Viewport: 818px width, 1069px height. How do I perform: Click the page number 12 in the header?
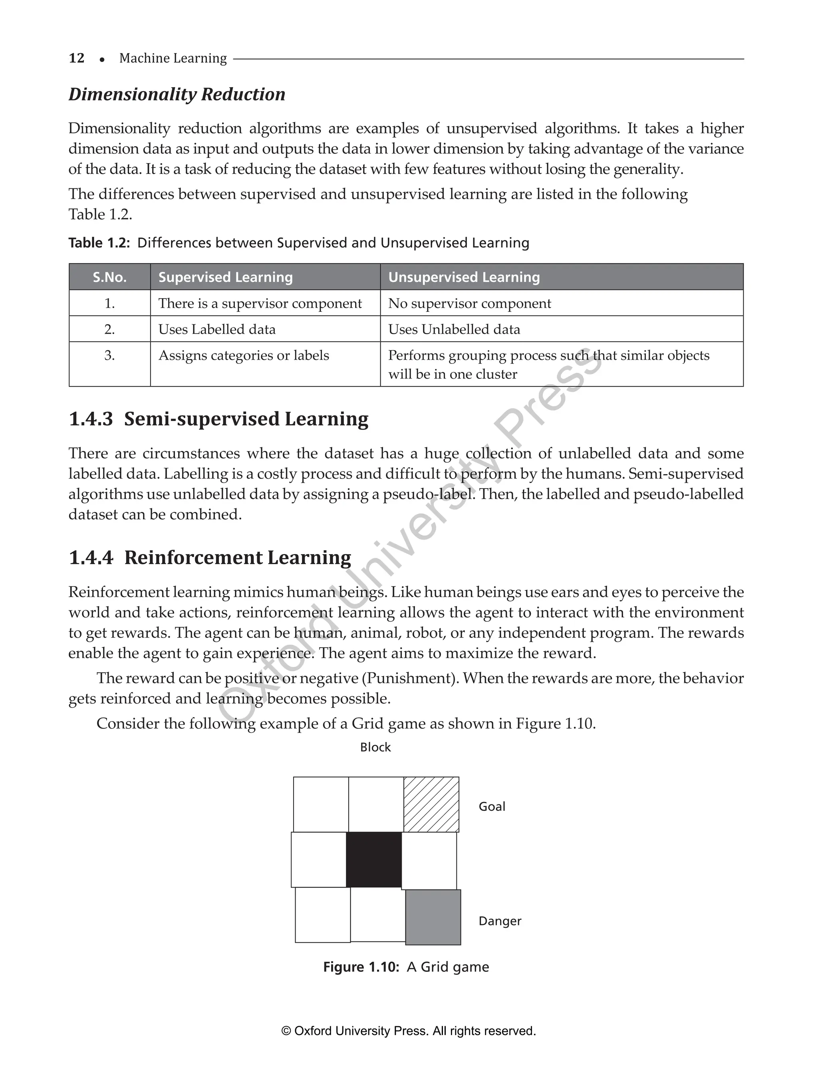click(76, 58)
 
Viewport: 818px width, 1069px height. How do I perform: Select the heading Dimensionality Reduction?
click(177, 94)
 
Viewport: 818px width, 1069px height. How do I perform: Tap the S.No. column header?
click(109, 277)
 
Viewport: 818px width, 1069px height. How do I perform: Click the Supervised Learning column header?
click(225, 277)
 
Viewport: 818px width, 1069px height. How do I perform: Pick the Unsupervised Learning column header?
click(464, 277)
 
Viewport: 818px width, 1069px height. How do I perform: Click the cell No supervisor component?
click(469, 303)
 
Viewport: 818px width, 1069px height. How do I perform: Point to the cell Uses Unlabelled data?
click(454, 329)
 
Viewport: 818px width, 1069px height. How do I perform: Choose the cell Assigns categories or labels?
click(244, 355)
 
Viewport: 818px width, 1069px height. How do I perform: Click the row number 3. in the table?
click(109, 355)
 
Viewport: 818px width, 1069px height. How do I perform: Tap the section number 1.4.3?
click(91, 419)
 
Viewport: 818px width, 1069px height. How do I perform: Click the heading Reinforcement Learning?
click(237, 557)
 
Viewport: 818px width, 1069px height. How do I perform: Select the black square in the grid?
click(373, 860)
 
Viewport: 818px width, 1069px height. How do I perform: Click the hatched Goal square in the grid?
click(431, 804)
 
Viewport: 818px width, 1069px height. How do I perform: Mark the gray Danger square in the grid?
click(433, 917)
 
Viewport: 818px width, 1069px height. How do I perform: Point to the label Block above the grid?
click(375, 747)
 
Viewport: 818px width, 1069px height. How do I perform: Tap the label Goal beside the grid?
click(492, 806)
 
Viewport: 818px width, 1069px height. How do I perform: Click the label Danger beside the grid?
click(500, 921)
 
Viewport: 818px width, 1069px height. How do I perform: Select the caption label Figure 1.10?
click(361, 967)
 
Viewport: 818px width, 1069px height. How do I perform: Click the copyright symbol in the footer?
click(286, 1031)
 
